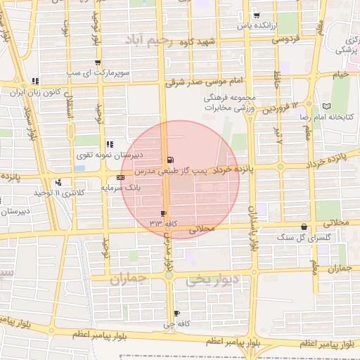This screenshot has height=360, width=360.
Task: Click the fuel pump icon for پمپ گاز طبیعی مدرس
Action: point(171,160)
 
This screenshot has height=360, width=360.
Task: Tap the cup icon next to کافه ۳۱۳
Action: point(164,213)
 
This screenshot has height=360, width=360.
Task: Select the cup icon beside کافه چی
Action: point(176,314)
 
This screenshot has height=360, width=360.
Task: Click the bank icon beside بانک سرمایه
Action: point(121,178)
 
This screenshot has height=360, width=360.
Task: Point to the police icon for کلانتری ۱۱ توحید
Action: point(58,182)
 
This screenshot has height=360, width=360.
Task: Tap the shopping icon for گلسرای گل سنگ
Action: point(304,227)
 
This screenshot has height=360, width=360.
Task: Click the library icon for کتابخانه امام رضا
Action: point(326,105)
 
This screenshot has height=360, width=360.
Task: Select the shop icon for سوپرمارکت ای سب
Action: point(98,63)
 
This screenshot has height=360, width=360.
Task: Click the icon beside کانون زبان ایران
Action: point(35,81)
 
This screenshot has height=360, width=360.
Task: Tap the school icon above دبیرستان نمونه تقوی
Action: point(110,144)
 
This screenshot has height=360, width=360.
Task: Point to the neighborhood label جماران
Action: point(127,278)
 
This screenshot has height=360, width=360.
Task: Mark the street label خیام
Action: point(341,75)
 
